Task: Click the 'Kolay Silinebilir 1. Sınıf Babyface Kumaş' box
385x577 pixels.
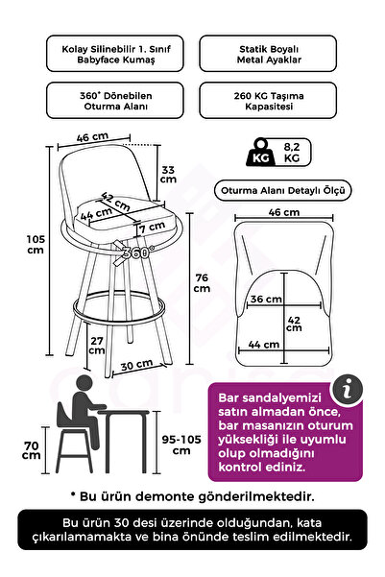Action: click(x=115, y=54)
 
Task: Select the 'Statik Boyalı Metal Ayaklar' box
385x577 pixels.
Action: click(x=268, y=54)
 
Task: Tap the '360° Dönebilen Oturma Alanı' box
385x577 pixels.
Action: click(x=115, y=101)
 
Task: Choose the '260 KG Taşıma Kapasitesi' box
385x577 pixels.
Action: click(x=268, y=101)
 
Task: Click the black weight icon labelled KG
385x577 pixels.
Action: click(x=261, y=152)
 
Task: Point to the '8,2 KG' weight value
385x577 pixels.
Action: click(x=292, y=153)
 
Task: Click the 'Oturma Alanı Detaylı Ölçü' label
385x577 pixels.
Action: click(x=282, y=191)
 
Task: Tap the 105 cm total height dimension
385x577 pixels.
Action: click(x=36, y=245)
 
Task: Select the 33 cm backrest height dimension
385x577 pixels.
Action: click(x=168, y=175)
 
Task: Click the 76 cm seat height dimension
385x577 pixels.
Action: click(x=202, y=282)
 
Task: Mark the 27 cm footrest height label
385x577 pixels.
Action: click(x=96, y=346)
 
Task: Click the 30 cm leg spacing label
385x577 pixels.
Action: click(x=136, y=365)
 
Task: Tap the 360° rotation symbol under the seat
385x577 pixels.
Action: click(x=134, y=252)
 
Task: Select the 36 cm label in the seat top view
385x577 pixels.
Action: click(x=266, y=299)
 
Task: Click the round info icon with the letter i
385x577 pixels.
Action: click(x=347, y=390)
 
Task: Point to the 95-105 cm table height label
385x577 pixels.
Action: click(x=181, y=445)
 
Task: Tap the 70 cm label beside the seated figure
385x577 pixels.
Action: click(x=32, y=450)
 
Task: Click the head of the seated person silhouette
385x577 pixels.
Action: click(x=84, y=383)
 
